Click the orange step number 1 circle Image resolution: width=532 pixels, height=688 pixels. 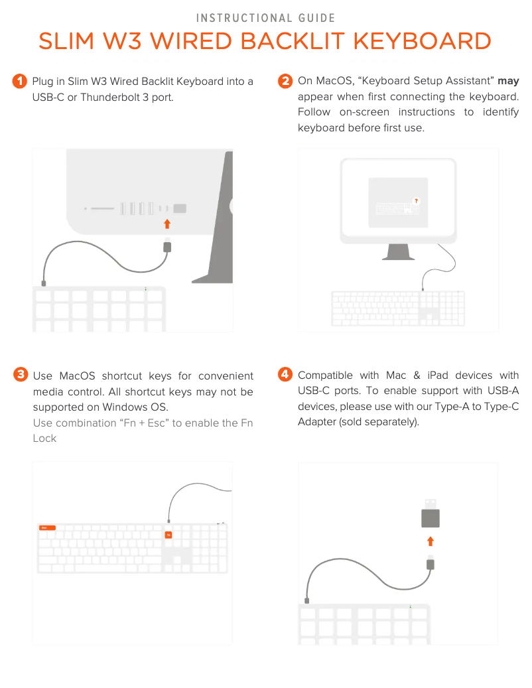coord(20,81)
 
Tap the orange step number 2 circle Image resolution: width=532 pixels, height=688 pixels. coord(285,81)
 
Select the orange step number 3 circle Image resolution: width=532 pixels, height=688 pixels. coord(21,375)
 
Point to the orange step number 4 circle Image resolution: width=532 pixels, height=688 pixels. coord(285,374)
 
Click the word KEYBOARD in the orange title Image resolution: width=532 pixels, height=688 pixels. coord(423,41)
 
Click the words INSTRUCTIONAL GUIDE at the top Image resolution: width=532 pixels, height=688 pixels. coord(266,18)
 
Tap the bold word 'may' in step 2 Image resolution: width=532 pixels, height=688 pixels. coord(508,81)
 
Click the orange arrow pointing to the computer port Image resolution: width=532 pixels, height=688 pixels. coord(167,224)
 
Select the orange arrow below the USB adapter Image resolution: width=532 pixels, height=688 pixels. coord(431,541)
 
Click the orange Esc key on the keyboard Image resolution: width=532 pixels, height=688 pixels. coord(47,527)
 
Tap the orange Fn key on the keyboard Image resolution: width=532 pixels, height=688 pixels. coord(168,535)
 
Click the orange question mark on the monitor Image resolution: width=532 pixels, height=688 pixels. coord(416,201)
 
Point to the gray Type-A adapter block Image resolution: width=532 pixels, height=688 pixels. coord(431,518)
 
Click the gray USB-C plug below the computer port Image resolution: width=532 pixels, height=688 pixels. coord(167,247)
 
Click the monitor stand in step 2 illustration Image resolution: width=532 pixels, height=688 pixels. coord(398,252)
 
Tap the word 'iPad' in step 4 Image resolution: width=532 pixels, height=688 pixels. coord(438,376)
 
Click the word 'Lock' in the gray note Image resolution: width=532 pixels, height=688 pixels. coord(44,439)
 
